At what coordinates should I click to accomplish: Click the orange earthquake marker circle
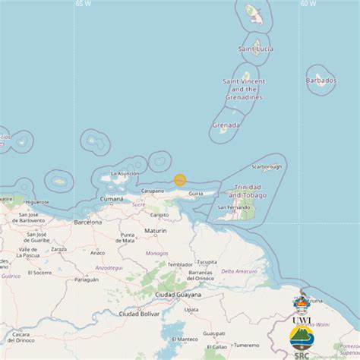pos(180,180)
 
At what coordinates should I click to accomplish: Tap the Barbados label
pos(321,80)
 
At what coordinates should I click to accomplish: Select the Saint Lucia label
pos(255,49)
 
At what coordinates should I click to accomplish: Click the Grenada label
pos(226,125)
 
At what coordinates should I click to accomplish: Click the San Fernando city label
pos(232,207)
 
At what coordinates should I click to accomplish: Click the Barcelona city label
pos(88,223)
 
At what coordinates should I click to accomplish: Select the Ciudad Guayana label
pos(178,295)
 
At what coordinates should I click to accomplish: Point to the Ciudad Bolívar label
pos(140,313)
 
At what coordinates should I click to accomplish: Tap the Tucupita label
pos(206,252)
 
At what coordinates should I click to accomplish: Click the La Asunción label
pos(125,174)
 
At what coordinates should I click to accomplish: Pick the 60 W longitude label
pos(308,4)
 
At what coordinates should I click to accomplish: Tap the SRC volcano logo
pos(302,338)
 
